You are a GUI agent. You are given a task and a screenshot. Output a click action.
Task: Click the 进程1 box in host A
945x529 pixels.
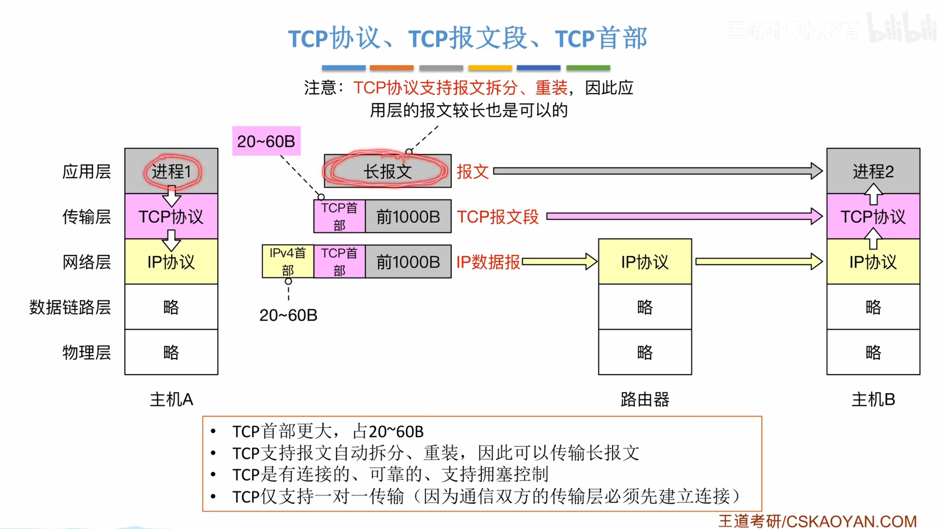(x=171, y=171)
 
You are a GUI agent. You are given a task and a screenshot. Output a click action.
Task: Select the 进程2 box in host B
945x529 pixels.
(x=873, y=171)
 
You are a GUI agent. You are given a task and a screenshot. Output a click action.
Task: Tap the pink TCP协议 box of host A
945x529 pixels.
(x=171, y=217)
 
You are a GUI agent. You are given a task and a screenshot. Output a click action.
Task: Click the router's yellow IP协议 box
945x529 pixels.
(x=645, y=262)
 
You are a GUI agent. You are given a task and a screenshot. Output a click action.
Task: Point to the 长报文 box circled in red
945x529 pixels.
(x=387, y=171)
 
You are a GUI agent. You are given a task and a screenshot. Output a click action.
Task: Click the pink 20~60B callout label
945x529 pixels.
(x=266, y=141)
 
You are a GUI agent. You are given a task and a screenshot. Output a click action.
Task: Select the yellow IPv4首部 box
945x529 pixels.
(x=288, y=262)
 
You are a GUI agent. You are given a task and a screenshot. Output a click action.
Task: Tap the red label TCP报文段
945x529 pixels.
(x=497, y=217)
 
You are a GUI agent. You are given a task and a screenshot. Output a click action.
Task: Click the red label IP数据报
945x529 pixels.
(x=488, y=262)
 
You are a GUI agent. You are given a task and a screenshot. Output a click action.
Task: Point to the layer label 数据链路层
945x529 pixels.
(x=70, y=307)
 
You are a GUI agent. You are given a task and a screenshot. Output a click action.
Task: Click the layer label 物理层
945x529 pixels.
(x=87, y=352)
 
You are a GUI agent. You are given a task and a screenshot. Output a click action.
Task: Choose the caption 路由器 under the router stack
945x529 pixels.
(x=645, y=399)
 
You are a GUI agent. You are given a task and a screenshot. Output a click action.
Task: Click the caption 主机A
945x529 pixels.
(x=171, y=399)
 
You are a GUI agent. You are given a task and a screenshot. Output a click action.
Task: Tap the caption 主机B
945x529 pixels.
(x=873, y=399)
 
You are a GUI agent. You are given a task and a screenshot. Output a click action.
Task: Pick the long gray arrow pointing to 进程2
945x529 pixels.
(x=656, y=171)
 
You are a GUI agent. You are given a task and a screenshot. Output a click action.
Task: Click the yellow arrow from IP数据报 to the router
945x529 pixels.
(x=559, y=262)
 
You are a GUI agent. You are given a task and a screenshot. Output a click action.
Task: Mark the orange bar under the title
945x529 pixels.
(x=391, y=68)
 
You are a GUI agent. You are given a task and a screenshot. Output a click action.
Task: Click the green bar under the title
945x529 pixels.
(x=588, y=68)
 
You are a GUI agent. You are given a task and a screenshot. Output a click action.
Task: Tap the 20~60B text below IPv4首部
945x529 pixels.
(x=288, y=315)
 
